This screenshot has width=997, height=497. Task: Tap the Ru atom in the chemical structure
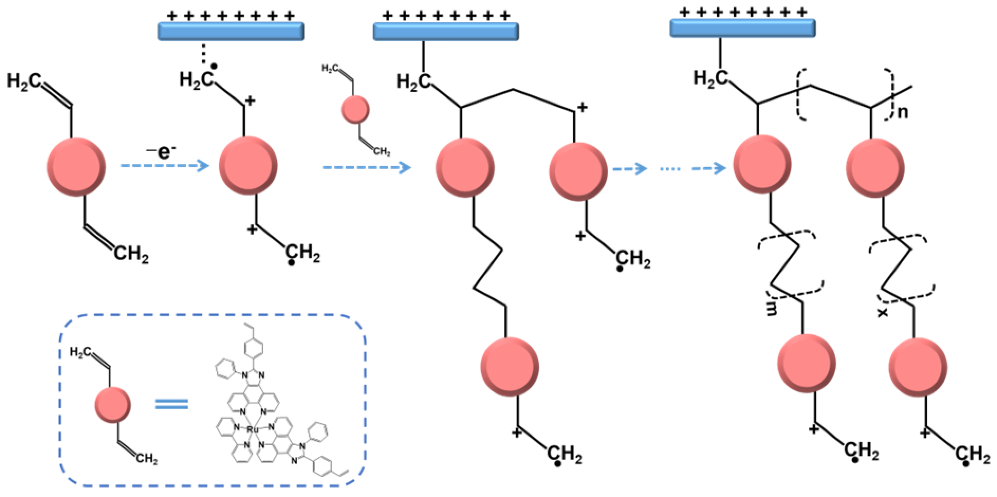(252, 430)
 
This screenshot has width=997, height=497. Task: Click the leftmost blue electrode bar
(231, 32)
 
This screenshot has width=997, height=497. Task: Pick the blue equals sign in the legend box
(171, 404)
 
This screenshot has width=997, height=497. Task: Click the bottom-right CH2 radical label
(972, 455)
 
